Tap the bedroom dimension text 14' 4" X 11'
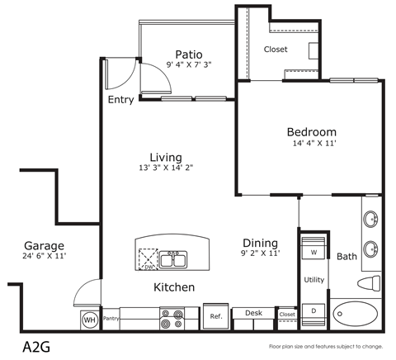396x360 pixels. pos(311,144)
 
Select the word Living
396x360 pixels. pos(166,157)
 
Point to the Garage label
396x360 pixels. pos(45,246)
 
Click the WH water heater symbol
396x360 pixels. pos(88,319)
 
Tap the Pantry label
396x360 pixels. pos(112,318)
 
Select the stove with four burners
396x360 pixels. pos(172,318)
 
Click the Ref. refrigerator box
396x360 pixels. pos(216,316)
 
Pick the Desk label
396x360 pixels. pos(252,314)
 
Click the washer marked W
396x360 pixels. pos(313,251)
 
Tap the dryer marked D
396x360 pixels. pos(313,310)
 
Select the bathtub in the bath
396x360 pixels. pos(360,315)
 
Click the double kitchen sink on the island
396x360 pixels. pos(174,261)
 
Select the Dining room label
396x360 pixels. pos(259,243)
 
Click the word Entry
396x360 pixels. pos(121,100)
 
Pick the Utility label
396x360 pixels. pos(313,280)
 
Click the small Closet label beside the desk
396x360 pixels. pos(287,314)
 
